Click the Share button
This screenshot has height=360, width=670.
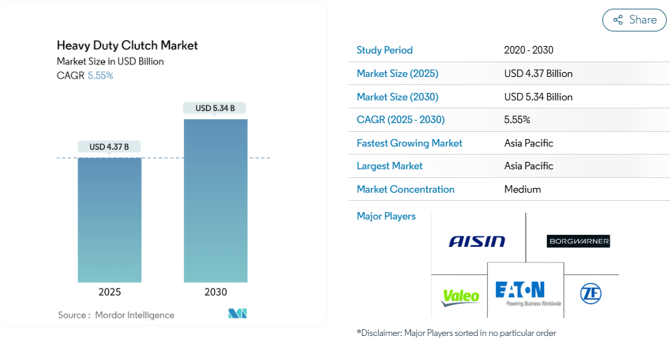pyautogui.click(x=635, y=20)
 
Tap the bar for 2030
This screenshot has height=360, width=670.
pyautogui.click(x=216, y=201)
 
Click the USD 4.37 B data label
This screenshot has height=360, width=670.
pyautogui.click(x=109, y=147)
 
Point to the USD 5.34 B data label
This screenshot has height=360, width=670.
pyautogui.click(x=215, y=108)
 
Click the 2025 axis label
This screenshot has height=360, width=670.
pyautogui.click(x=110, y=292)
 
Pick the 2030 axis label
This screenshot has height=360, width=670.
pyautogui.click(x=216, y=292)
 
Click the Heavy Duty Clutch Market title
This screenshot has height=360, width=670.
pyautogui.click(x=127, y=46)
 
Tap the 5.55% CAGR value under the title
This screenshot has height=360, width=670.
pyautogui.click(x=100, y=76)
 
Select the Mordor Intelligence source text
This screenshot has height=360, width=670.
pyautogui.click(x=134, y=315)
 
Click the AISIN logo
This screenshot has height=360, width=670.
pyautogui.click(x=477, y=241)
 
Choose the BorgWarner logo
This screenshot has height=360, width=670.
pyautogui.click(x=578, y=241)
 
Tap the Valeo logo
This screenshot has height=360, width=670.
pyautogui.click(x=461, y=296)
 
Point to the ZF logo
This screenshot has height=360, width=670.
pyautogui.click(x=590, y=294)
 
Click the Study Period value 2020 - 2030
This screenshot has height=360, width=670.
pyautogui.click(x=529, y=50)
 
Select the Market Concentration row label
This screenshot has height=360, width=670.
pyautogui.click(x=406, y=189)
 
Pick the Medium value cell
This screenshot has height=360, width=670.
pyautogui.click(x=523, y=189)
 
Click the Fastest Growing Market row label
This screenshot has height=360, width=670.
pyautogui.click(x=410, y=143)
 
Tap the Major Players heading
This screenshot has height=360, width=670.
pyautogui.click(x=386, y=216)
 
